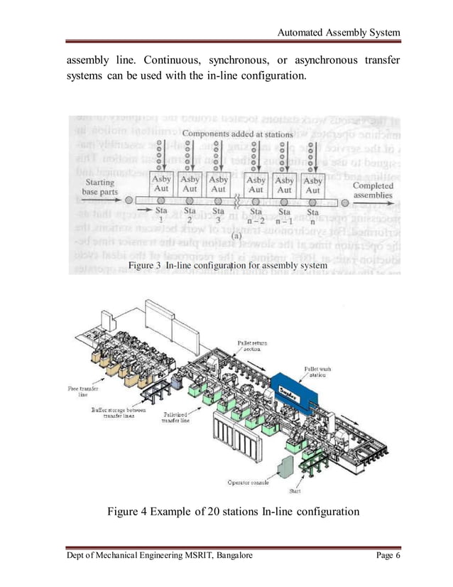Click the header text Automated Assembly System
pyautogui.click(x=339, y=33)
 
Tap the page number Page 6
pyautogui.click(x=388, y=555)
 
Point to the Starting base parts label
pyautogui.click(x=99, y=187)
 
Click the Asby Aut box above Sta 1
pyautogui.click(x=161, y=185)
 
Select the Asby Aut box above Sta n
pyautogui.click(x=312, y=185)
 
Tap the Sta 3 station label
pyautogui.click(x=218, y=215)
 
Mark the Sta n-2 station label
pyautogui.click(x=257, y=215)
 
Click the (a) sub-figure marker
pyautogui.click(x=236, y=235)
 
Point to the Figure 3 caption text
pyautogui.click(x=227, y=265)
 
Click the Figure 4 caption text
pyautogui.click(x=233, y=512)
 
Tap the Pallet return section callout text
pyautogui.click(x=252, y=346)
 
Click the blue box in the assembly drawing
pyautogui.click(x=290, y=390)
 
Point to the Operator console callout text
pyautogui.click(x=248, y=483)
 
